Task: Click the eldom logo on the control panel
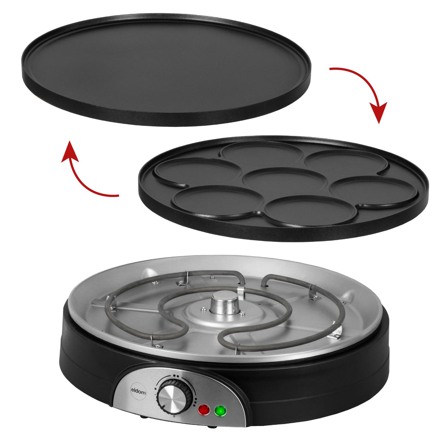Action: pyautogui.click(x=138, y=391)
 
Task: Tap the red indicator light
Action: pyautogui.click(x=204, y=410)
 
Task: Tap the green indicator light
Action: pyautogui.click(x=220, y=411)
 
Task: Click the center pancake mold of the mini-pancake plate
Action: pyautogui.click(x=284, y=180)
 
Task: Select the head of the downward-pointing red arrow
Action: pyautogui.click(x=378, y=112)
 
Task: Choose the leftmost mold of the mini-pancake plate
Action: pyautogui.click(x=198, y=171)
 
